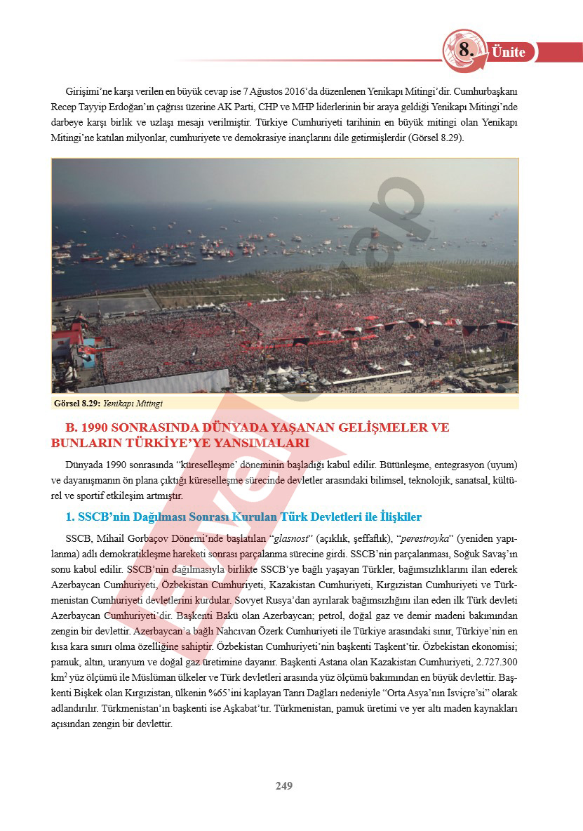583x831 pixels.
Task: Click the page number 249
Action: [x=283, y=785]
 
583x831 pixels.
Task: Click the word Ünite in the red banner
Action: [x=509, y=52]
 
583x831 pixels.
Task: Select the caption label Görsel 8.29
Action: [x=77, y=404]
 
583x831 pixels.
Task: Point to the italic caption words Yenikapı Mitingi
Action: [x=133, y=404]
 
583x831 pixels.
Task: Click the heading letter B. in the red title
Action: [x=71, y=427]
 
